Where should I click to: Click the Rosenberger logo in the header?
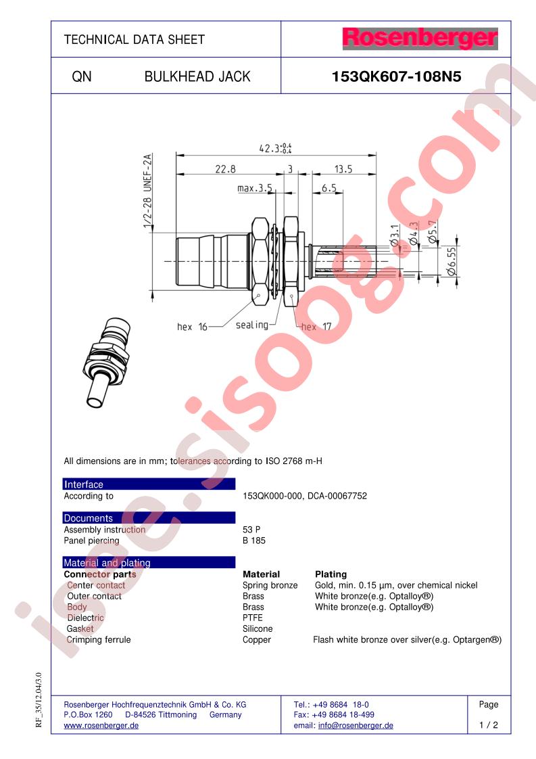tap(420, 39)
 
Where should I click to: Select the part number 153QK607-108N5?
tap(396, 76)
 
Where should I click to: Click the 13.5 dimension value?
tap(343, 169)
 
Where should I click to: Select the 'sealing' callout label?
tap(251, 325)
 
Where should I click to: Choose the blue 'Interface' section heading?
tap(84, 484)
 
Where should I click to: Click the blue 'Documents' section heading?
tap(88, 518)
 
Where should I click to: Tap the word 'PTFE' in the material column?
tap(253, 618)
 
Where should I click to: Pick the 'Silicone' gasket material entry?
tap(258, 628)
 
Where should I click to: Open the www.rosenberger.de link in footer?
tap(101, 725)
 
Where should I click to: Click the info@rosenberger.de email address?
tap(356, 725)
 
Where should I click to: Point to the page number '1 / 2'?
tap(488, 725)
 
